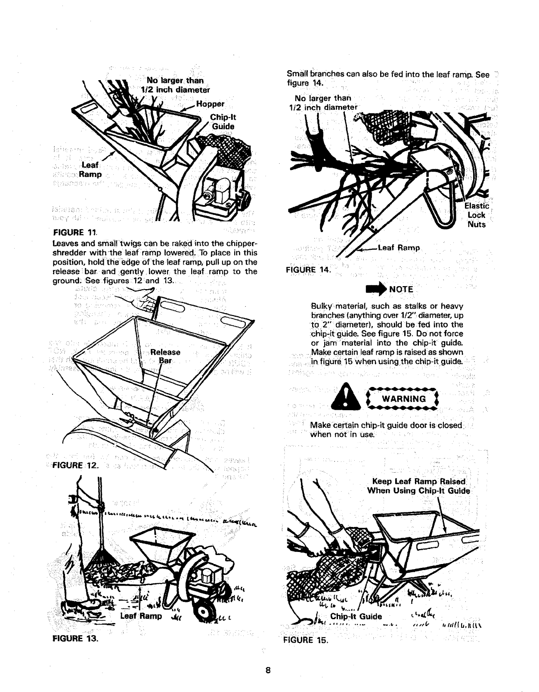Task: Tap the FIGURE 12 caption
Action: (74, 465)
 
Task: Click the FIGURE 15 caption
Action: (306, 639)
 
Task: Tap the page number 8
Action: (268, 670)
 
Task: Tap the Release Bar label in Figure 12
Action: (165, 356)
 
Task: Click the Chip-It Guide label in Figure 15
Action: (356, 616)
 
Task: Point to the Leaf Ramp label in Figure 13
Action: (142, 616)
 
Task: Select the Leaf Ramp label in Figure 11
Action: (93, 170)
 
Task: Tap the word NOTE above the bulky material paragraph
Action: (401, 289)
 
